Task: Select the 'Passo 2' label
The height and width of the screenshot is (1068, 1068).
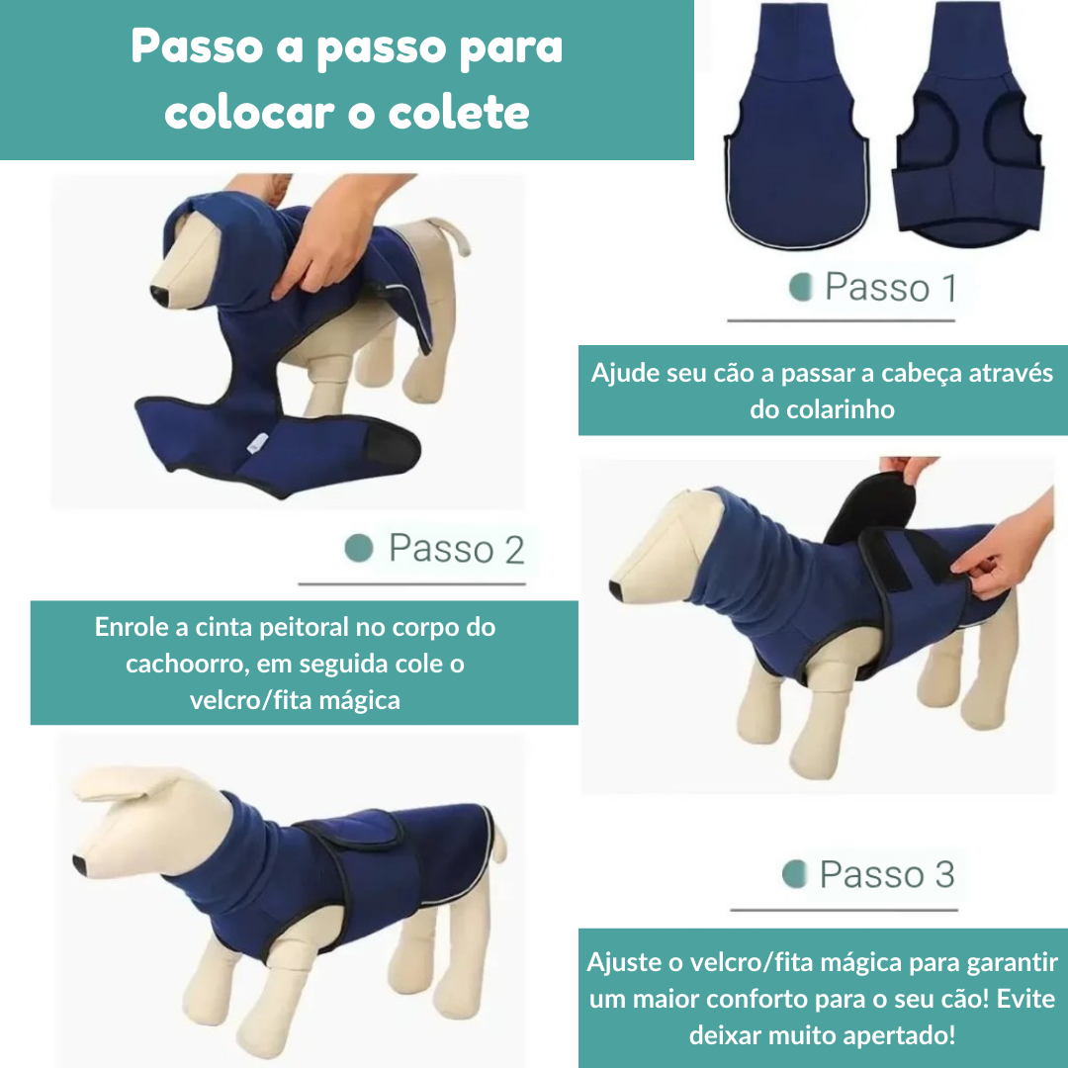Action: [456, 549]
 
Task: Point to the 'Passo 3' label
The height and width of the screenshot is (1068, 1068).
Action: [887, 874]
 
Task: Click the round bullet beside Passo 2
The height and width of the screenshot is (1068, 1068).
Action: [359, 548]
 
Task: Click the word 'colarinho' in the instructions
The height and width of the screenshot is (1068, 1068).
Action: [822, 409]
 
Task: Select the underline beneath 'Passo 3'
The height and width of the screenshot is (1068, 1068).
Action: [844, 909]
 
